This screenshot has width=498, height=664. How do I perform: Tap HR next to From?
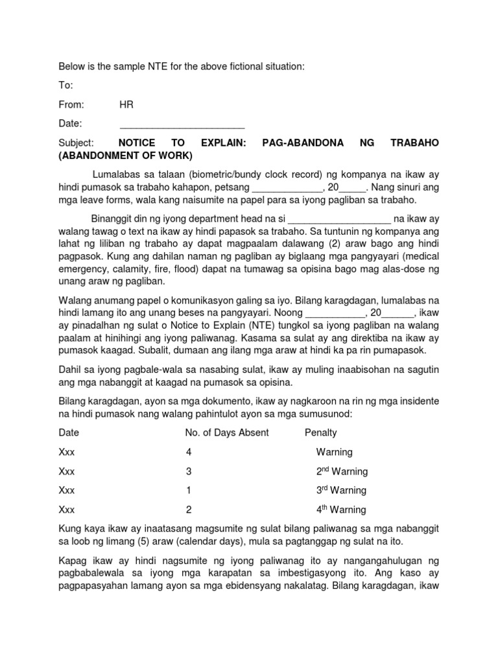(126, 104)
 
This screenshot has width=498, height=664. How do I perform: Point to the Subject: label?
(76, 143)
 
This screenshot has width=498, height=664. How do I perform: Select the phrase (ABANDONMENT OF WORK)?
(125, 156)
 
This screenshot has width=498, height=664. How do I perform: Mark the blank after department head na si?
(338, 219)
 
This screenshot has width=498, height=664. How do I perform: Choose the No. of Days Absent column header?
(227, 433)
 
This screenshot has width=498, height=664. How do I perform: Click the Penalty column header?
(320, 433)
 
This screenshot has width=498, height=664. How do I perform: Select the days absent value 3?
(189, 471)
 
